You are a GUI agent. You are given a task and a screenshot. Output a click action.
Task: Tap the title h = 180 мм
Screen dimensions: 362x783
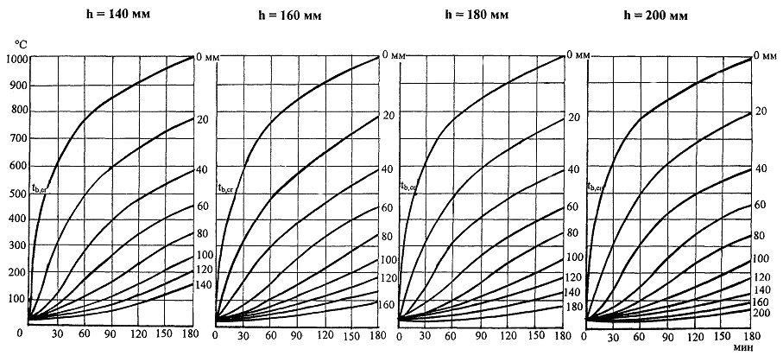coord(478,15)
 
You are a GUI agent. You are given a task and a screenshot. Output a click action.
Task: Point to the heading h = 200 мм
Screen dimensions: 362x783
coord(661,15)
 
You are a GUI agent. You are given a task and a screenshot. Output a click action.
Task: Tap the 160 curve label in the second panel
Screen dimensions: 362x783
coord(388,304)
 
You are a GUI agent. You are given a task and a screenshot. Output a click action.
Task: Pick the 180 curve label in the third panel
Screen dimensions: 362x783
coord(573,307)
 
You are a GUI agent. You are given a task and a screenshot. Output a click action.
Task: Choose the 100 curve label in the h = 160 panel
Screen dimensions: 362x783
coord(388,260)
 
